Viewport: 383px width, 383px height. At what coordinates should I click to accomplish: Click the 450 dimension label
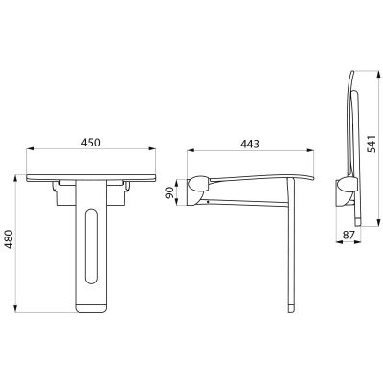[x=90, y=143]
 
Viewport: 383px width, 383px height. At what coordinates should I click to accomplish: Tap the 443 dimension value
[x=250, y=145]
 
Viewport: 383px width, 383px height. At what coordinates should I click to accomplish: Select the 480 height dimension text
[x=9, y=239]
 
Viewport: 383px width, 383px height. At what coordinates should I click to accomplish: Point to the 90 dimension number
[x=169, y=192]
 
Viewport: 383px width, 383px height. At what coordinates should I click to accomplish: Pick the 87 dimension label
[x=349, y=235]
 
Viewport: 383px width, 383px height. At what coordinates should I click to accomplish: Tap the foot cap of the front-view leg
[x=90, y=308]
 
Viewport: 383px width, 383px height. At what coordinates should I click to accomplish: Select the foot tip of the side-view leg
[x=291, y=309]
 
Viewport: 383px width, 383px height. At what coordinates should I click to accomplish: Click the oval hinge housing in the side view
[x=198, y=185]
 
